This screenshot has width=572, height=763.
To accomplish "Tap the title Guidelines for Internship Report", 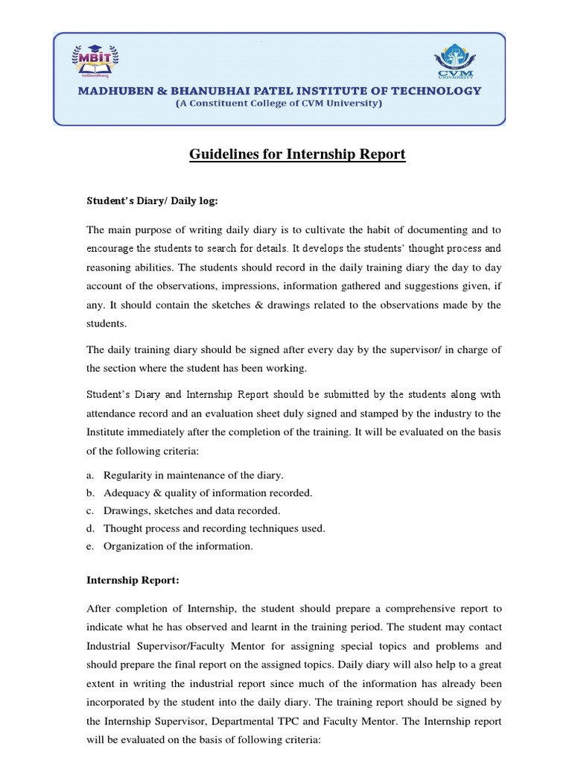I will pyautogui.click(x=297, y=154).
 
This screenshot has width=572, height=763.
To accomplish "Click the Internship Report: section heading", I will pyautogui.click(x=133, y=578).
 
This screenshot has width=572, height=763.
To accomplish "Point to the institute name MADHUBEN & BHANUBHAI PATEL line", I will pyautogui.click(x=279, y=91).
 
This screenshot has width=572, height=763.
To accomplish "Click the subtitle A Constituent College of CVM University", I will pyautogui.click(x=279, y=104).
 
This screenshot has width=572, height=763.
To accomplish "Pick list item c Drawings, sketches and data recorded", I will pyautogui.click(x=192, y=510).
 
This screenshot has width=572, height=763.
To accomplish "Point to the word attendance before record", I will pyautogui.click(x=112, y=414).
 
